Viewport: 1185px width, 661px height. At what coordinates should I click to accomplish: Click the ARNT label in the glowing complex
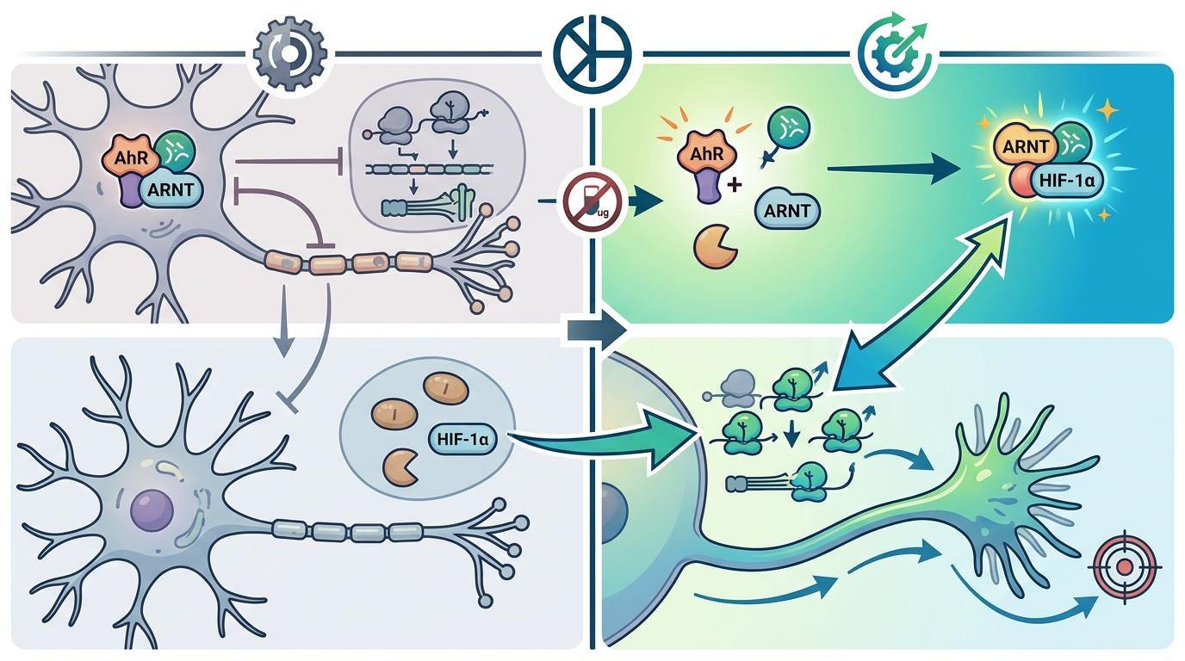[1027, 145]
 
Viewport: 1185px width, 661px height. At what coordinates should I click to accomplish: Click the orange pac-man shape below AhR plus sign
[716, 247]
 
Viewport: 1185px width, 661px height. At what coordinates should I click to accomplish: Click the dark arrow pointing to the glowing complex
[895, 169]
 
